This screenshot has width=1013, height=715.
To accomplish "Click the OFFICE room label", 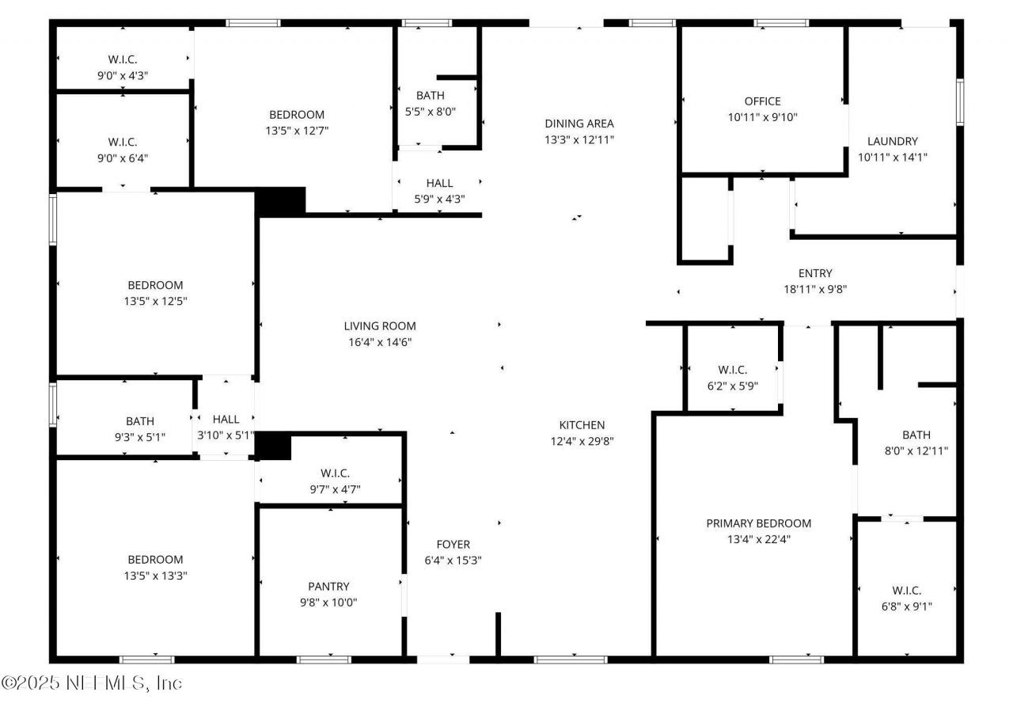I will (762, 101).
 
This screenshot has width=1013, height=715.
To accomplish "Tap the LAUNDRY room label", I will (892, 141).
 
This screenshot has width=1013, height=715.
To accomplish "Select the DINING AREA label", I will (579, 124).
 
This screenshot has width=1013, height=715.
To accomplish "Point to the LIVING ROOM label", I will (379, 325).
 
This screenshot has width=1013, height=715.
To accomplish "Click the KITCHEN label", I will (582, 425).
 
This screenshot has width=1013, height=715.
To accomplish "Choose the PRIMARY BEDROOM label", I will (758, 523).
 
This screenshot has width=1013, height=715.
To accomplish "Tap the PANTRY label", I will (328, 587).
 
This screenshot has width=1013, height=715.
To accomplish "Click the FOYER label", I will (453, 544).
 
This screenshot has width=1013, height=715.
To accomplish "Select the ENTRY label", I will (814, 273).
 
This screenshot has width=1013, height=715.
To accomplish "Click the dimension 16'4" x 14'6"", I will (379, 342).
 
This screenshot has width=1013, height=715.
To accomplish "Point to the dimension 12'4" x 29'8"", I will (582, 441).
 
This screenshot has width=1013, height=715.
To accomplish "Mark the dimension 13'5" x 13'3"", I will (155, 576).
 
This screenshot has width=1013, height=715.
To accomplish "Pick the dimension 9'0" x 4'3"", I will (122, 75).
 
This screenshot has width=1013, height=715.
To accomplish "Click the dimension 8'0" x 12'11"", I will (916, 451).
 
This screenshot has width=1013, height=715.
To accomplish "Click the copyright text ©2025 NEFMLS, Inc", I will (92, 683).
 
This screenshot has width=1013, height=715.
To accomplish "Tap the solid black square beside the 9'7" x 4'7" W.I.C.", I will (274, 447).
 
